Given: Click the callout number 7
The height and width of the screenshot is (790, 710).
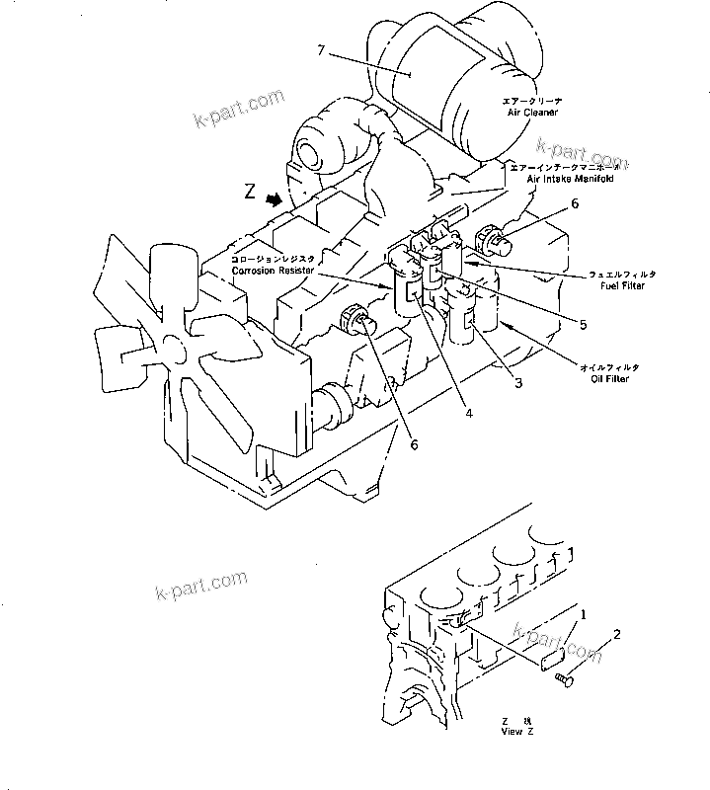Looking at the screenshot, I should (321, 49).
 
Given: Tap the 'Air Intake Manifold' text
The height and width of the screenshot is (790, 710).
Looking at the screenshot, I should (564, 181).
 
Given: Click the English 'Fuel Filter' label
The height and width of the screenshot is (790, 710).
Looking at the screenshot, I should (622, 285).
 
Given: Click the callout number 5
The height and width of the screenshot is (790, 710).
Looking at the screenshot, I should (583, 323).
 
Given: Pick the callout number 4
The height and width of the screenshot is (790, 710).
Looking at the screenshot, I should (468, 414).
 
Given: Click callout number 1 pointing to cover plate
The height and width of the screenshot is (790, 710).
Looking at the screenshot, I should (583, 614).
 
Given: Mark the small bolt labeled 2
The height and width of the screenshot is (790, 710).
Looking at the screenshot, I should (567, 677).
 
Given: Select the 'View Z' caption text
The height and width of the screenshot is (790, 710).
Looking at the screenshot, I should (516, 732).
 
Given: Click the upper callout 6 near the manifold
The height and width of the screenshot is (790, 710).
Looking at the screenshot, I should (574, 204).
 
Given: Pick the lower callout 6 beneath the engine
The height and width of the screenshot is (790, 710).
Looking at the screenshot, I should (414, 445).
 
